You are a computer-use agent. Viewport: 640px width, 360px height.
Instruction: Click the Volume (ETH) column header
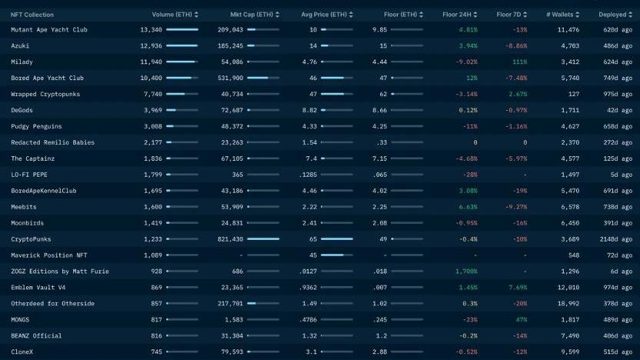[172, 15]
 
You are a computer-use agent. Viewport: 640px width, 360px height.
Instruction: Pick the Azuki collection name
[20, 46]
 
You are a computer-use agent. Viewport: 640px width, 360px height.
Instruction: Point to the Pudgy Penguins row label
[36, 126]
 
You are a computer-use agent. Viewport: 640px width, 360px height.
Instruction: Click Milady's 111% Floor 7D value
[519, 62]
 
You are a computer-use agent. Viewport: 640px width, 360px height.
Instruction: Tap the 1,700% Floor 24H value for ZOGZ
[465, 272]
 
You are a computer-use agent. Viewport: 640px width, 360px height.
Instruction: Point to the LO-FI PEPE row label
[30, 175]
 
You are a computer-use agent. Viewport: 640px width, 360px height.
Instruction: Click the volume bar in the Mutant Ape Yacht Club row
[182, 30]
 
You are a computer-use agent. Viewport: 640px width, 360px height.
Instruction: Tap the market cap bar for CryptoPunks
[263, 239]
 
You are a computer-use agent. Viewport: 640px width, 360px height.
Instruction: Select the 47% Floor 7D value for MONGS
[521, 320]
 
